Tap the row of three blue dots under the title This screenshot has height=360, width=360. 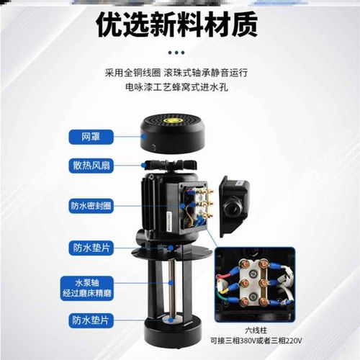(180, 53)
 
